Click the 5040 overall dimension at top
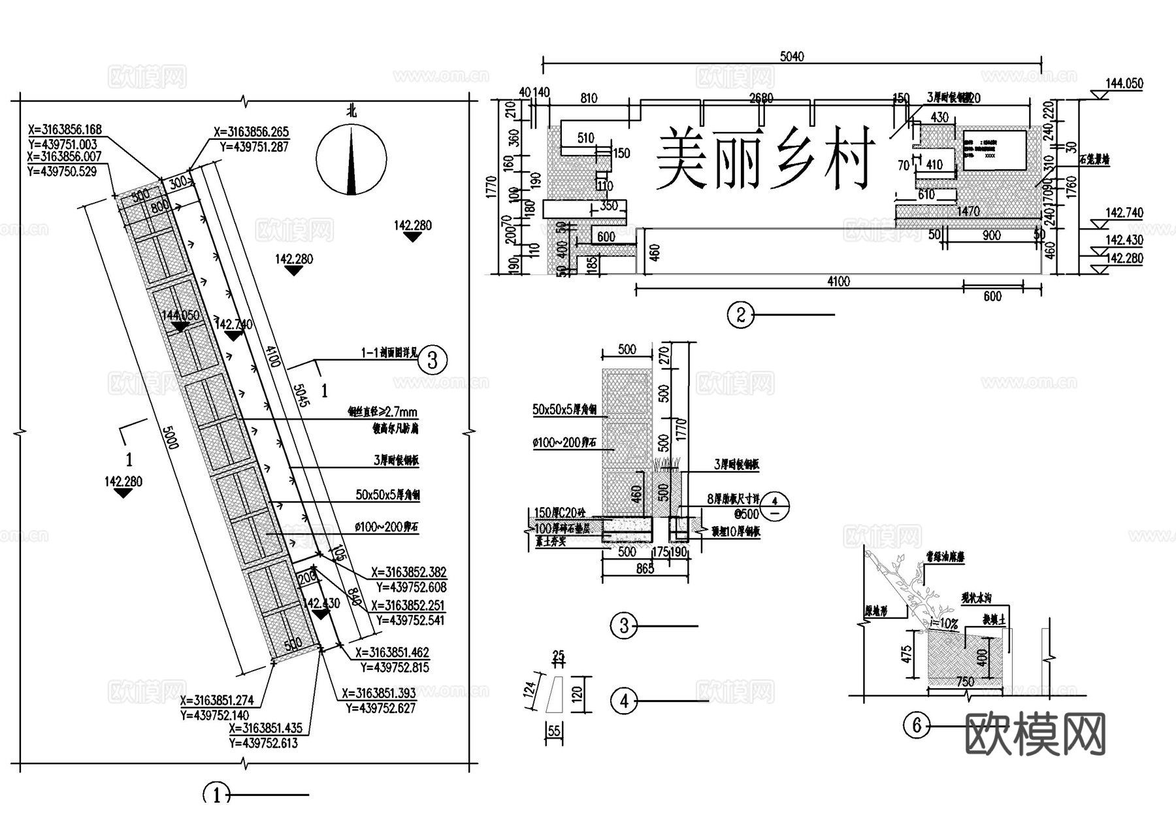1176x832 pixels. [x=792, y=57]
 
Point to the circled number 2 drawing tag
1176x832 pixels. [x=740, y=315]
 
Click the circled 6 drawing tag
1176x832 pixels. [x=916, y=725]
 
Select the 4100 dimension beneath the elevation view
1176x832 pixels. [x=838, y=282]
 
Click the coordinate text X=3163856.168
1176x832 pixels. [x=64, y=129]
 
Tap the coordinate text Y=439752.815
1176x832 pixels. [x=395, y=668]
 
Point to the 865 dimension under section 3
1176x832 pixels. [x=645, y=569]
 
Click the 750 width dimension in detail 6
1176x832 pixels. [x=965, y=682]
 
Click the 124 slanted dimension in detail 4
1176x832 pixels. [x=531, y=688]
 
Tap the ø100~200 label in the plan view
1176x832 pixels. [x=386, y=527]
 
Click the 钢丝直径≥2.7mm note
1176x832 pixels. [x=382, y=412]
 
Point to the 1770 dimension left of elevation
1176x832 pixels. [x=493, y=186]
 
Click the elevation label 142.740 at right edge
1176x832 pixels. [x=1124, y=213]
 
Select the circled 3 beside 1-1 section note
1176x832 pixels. [x=431, y=360]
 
